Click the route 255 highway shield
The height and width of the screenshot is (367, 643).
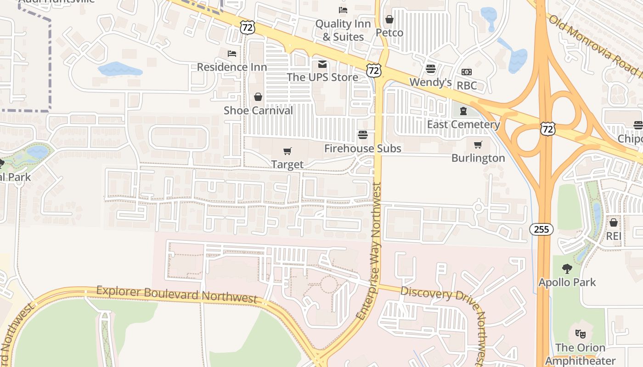[x=541, y=229]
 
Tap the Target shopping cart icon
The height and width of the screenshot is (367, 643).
[x=288, y=151]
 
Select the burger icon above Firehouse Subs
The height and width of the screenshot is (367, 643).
[x=363, y=135]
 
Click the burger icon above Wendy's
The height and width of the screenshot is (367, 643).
[x=430, y=69]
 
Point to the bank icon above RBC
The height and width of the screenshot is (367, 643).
[x=467, y=72]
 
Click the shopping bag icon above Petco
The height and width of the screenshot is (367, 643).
[x=389, y=19]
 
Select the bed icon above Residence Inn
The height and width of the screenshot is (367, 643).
[x=232, y=54]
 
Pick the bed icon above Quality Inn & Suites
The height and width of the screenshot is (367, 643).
[x=343, y=10]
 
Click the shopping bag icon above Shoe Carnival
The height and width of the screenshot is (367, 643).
[x=258, y=97]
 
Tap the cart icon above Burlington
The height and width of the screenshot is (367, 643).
[x=478, y=145]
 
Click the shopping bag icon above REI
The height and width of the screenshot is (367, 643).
[x=613, y=222]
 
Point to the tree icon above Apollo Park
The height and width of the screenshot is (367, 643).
[x=567, y=268]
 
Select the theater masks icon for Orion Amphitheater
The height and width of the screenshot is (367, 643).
[x=581, y=334]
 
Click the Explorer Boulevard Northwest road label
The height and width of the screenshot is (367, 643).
[x=177, y=295]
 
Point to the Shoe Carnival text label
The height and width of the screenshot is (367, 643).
[x=258, y=111]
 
